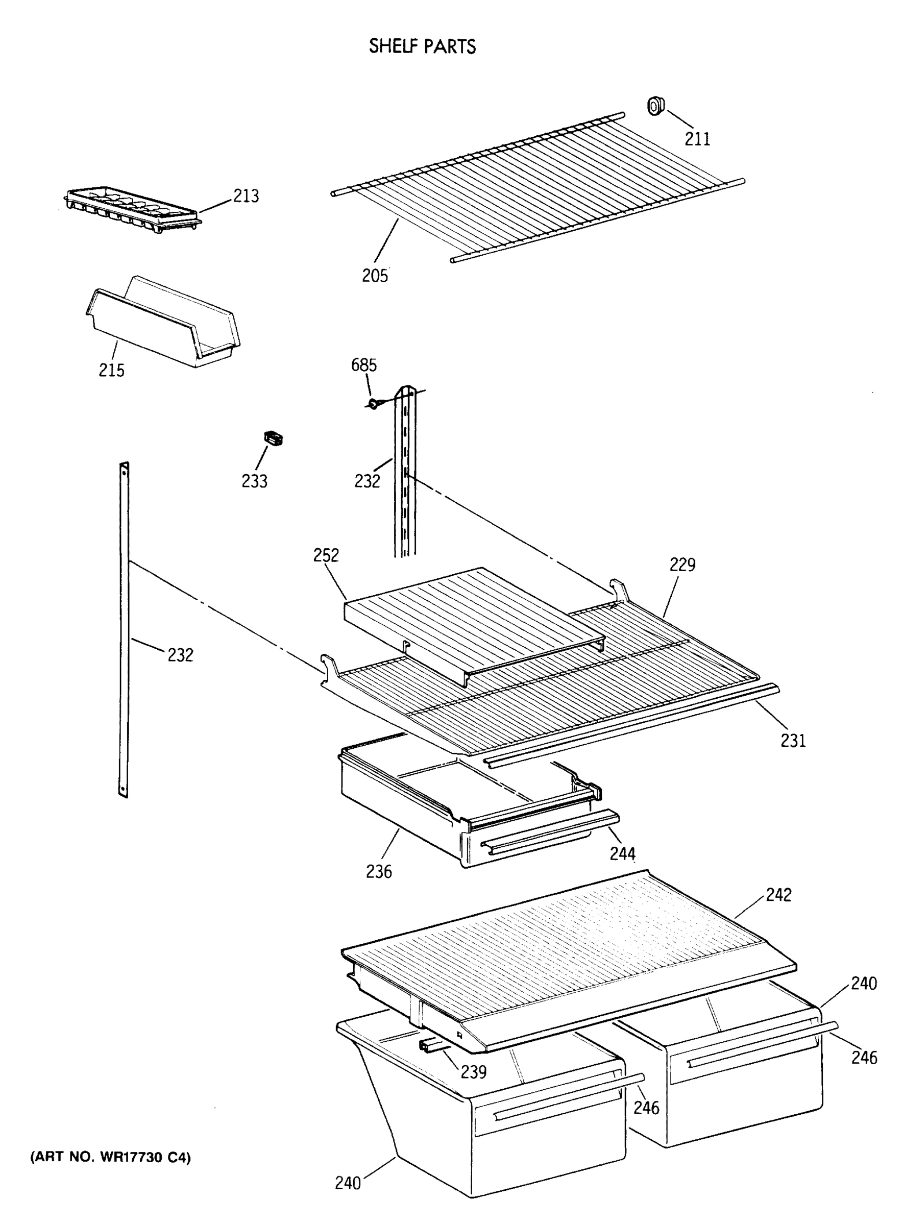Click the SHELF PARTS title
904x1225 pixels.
pyautogui.click(x=422, y=46)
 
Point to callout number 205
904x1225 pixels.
pyautogui.click(x=375, y=275)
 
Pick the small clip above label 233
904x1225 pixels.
pyautogui.click(x=273, y=438)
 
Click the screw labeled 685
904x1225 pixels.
pyautogui.click(x=373, y=404)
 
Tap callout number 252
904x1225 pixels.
pyautogui.click(x=326, y=555)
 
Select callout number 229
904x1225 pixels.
pyautogui.click(x=682, y=564)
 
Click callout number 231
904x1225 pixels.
pyautogui.click(x=793, y=740)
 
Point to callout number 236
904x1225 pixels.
pyautogui.click(x=379, y=871)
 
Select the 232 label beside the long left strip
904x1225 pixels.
pyautogui.click(x=181, y=654)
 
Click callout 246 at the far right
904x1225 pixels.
pyautogui.click(x=864, y=1057)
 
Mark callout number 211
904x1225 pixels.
pyautogui.click(x=698, y=139)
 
